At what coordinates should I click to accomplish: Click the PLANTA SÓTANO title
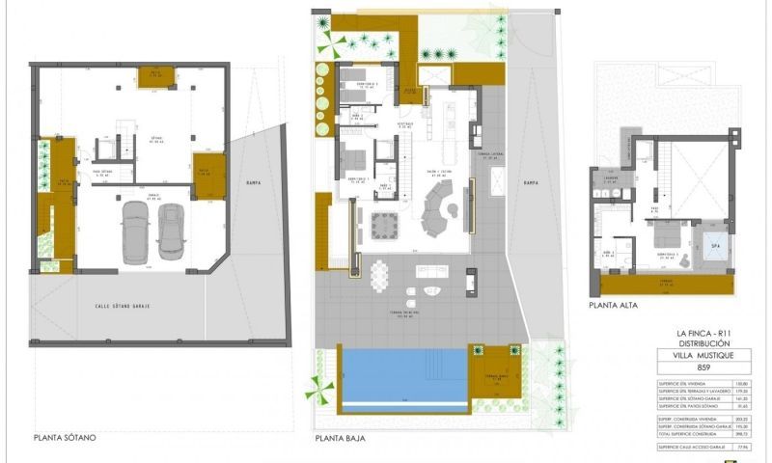click(x=65, y=437)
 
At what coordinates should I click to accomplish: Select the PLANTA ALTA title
click(x=613, y=306)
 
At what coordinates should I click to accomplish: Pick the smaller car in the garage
click(x=171, y=231)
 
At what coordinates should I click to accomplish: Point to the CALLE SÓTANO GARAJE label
click(x=130, y=306)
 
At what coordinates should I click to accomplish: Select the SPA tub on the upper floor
click(x=715, y=247)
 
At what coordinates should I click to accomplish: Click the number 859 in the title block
click(x=703, y=368)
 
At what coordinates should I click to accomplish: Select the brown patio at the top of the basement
click(x=154, y=77)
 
